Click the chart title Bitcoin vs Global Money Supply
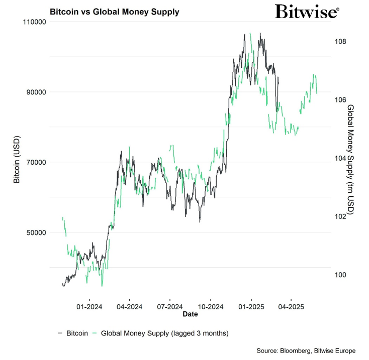click(114, 12)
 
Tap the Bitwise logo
click(307, 12)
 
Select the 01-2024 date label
click(88, 306)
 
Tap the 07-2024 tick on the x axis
click(169, 306)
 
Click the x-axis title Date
click(190, 314)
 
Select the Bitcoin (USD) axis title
click(17, 159)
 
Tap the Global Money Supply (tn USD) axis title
click(351, 160)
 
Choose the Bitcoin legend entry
click(73, 333)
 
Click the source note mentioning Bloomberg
click(305, 350)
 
